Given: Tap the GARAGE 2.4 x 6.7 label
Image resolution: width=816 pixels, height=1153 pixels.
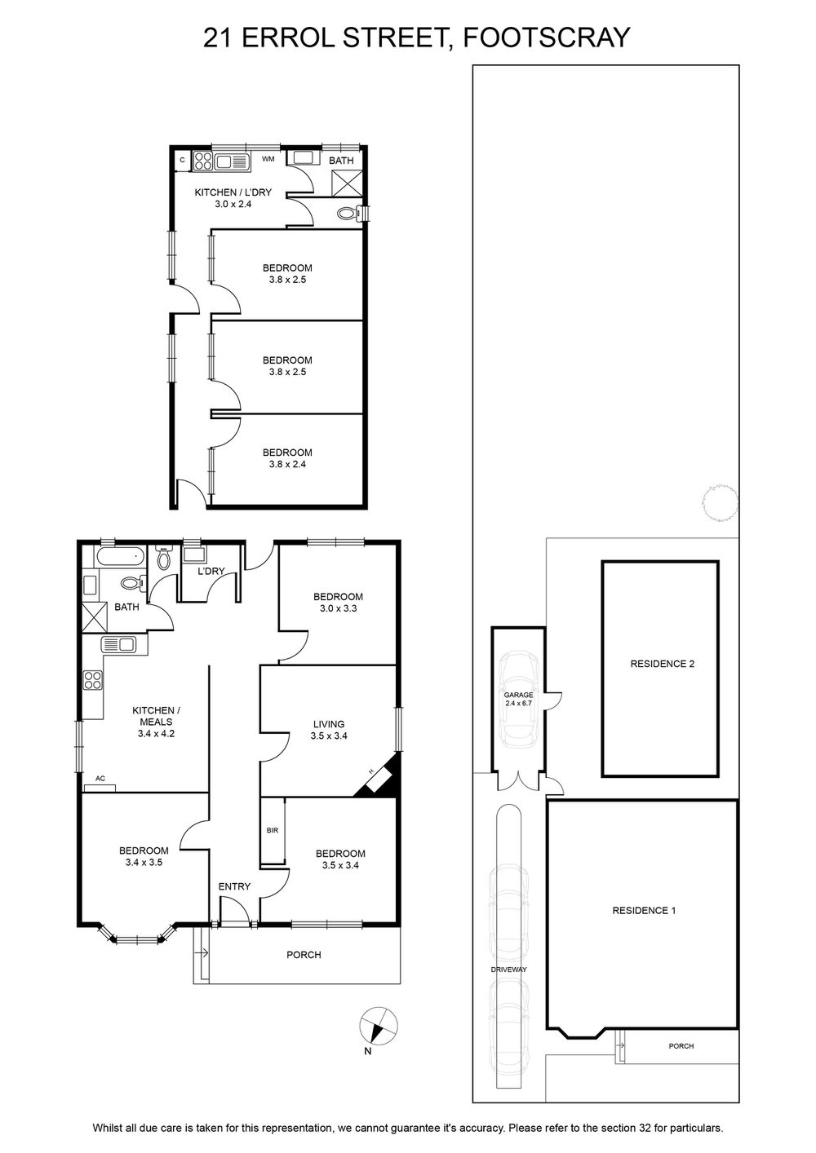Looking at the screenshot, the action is tap(518, 699).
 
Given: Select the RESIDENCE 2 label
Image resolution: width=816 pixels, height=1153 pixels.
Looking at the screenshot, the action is tap(662, 664).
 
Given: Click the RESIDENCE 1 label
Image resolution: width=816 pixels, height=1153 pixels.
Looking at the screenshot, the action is tap(644, 896).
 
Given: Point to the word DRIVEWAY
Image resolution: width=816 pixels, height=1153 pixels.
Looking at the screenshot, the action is tap(508, 970).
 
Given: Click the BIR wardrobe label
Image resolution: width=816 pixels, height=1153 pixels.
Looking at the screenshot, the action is tap(273, 830).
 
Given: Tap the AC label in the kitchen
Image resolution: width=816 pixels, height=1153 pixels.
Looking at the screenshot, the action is tap(100, 778).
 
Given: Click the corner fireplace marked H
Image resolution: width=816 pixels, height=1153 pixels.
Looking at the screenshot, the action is tap(379, 776).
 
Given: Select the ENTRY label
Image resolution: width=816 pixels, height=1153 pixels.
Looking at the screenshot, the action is tap(234, 886).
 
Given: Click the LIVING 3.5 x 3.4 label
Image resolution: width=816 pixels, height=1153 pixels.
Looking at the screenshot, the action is tap(329, 730).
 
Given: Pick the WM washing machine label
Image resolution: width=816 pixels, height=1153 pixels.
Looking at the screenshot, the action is tap(268, 159).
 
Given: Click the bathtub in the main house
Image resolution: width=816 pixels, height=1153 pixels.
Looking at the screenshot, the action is tap(119, 556).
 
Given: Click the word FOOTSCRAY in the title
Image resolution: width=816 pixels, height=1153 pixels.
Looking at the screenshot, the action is tap(548, 37).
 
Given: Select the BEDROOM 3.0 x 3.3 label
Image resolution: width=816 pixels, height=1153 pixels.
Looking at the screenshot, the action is tap(338, 603).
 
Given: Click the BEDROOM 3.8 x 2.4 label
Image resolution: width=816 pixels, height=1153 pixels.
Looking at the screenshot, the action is tap(287, 458).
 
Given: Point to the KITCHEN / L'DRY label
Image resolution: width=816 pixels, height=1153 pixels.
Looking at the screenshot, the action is tap(233, 198).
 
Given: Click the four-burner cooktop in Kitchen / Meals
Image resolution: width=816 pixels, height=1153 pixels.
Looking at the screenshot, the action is tap(93, 680).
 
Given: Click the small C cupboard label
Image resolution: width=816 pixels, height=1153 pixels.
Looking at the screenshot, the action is tap(182, 160).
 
